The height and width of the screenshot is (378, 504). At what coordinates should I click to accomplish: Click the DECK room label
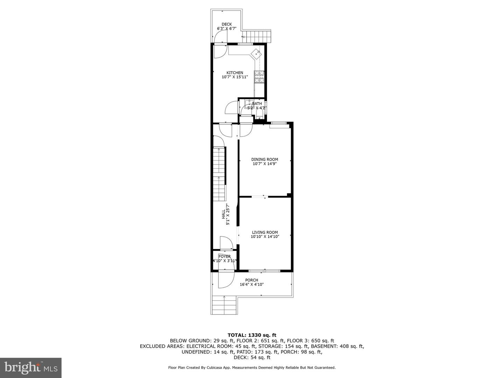coord(226,24)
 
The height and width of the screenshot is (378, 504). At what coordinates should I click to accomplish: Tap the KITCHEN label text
coord(234,73)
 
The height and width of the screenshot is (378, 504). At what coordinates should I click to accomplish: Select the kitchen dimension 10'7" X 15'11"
coord(234,77)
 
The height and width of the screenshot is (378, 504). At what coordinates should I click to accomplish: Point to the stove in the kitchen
coord(259,77)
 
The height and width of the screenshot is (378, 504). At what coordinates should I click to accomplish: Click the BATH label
coord(257,104)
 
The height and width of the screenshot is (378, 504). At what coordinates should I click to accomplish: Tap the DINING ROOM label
coord(265,160)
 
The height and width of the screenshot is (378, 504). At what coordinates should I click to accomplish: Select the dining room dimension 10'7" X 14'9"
coord(265,164)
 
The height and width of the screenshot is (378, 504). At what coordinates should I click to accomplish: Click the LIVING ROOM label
coord(265,232)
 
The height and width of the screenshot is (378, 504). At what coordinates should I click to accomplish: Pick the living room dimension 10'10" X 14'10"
coord(265,237)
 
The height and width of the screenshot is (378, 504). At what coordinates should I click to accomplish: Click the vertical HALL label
coord(224,215)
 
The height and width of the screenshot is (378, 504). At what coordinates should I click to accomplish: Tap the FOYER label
coord(225,257)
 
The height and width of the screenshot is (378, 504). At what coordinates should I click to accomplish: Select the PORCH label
coord(252,280)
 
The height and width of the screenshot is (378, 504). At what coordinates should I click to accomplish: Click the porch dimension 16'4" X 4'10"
coord(252,285)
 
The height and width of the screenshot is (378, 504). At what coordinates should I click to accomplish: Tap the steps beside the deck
coord(258,36)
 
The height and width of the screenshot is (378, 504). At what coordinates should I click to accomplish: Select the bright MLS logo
coord(30,367)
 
